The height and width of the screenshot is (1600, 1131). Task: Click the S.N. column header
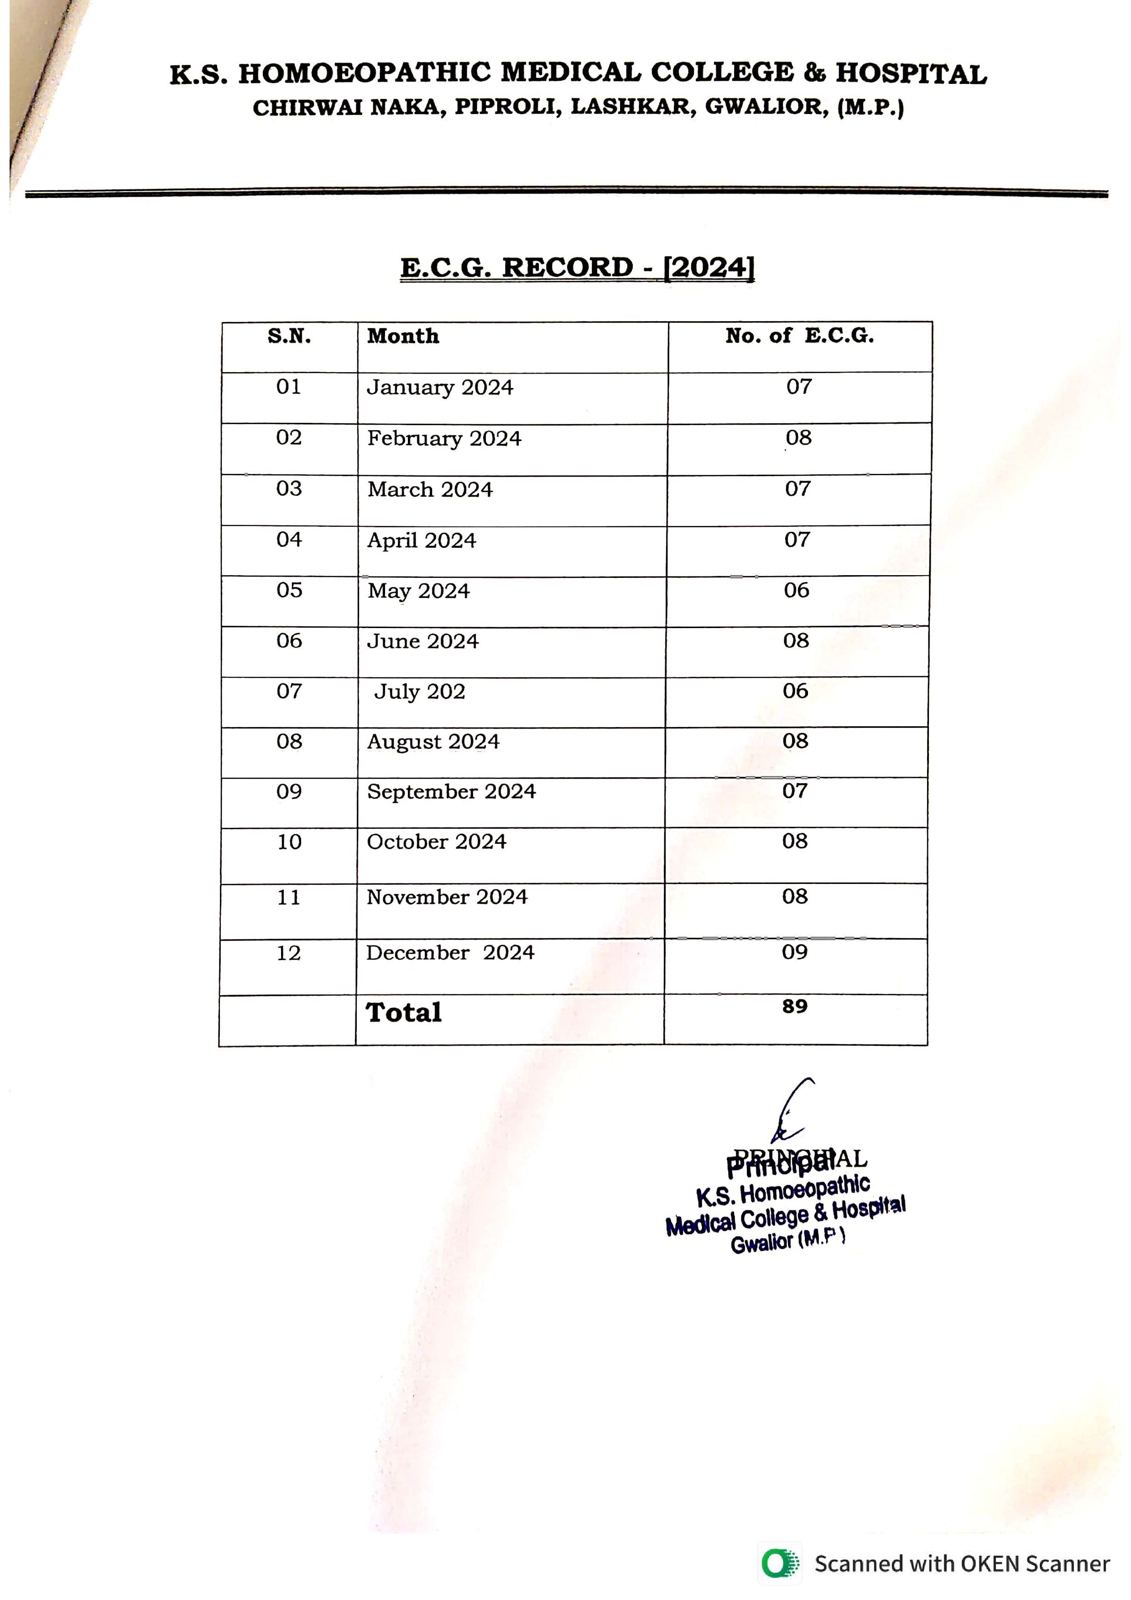[289, 337]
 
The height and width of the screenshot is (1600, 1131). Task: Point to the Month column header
[403, 337]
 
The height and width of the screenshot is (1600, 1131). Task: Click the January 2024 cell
[440, 387]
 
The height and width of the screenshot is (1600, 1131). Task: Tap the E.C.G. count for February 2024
[798, 438]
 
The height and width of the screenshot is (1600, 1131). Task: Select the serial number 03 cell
[289, 488]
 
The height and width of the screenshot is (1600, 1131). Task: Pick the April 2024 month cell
[422, 541]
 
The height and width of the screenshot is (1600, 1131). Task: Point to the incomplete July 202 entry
[420, 691]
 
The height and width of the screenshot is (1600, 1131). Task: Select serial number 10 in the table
[289, 842]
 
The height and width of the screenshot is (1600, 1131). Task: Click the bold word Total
[404, 1013]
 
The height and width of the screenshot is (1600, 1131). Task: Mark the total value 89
[794, 1006]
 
